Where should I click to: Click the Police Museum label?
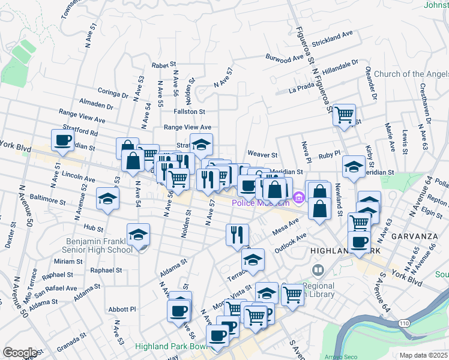[x=261, y=203]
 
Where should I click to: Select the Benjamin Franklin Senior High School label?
[x=99, y=246]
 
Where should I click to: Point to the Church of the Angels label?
[x=411, y=74]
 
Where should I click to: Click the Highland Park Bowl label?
[x=170, y=346]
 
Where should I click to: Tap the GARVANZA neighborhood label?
[x=414, y=236]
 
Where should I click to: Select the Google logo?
[x=20, y=353]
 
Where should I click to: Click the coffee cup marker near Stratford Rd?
[x=63, y=141]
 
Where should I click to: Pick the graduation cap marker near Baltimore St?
[x=108, y=199]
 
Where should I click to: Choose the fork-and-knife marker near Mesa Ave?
[x=238, y=234]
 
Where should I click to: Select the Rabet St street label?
[x=163, y=64]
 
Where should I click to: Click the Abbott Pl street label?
[x=124, y=309]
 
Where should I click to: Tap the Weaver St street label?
[x=262, y=155]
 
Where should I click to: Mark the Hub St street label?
[x=94, y=228]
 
